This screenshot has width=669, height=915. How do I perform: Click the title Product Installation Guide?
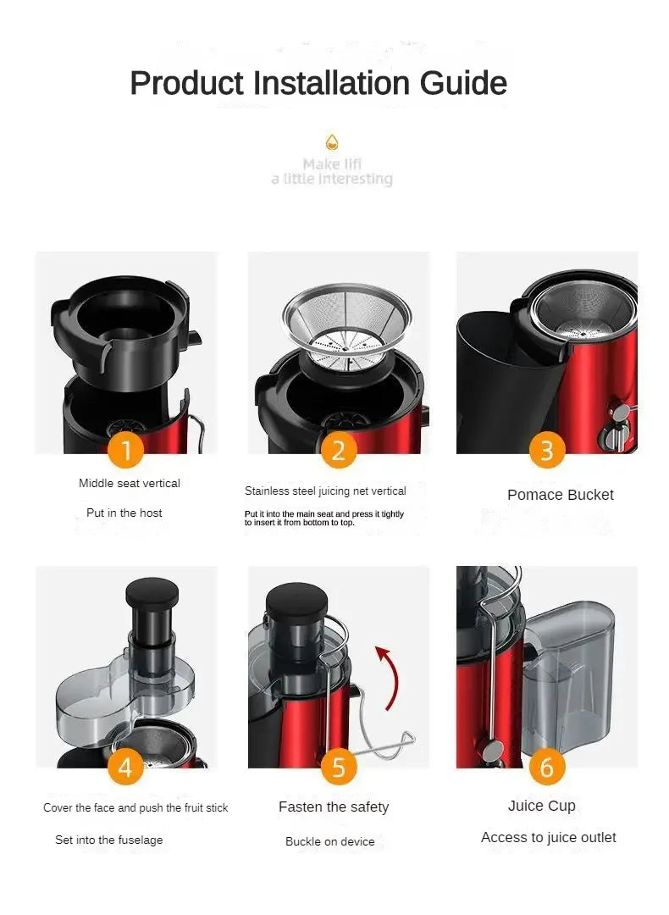pos(318,83)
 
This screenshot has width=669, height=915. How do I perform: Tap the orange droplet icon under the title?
pos(332,141)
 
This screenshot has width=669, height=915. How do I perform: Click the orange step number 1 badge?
pos(126,450)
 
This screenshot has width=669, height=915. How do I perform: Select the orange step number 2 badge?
pos(338,450)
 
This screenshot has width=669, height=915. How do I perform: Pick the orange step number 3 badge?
pos(547,450)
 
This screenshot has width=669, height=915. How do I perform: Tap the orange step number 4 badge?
pos(125,768)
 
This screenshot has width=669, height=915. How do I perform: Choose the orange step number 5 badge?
pos(338,768)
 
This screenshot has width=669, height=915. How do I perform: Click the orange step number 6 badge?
pos(547,768)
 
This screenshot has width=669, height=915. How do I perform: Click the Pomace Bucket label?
pos(560,495)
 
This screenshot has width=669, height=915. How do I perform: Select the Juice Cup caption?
pos(541,806)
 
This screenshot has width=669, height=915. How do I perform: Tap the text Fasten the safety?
pos(334,807)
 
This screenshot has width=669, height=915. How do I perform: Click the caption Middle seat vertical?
pos(130,483)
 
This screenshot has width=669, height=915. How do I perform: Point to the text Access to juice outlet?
pos(548,838)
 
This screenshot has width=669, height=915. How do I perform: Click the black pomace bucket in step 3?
pos(500,381)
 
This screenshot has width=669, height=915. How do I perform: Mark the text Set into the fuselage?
pos(109,840)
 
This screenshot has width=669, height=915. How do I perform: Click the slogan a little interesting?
pos(332,179)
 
